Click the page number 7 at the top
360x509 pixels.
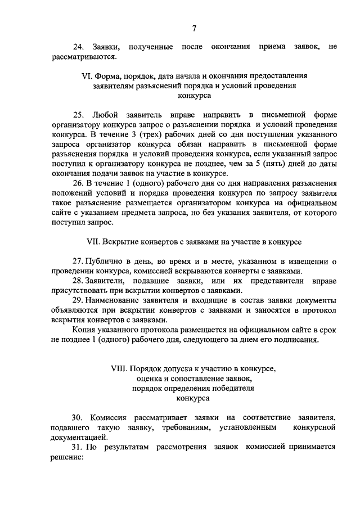(x=194, y=29)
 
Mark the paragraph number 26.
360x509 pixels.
(x=80, y=184)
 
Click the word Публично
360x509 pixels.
(x=103, y=262)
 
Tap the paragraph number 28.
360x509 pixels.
(x=79, y=281)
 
